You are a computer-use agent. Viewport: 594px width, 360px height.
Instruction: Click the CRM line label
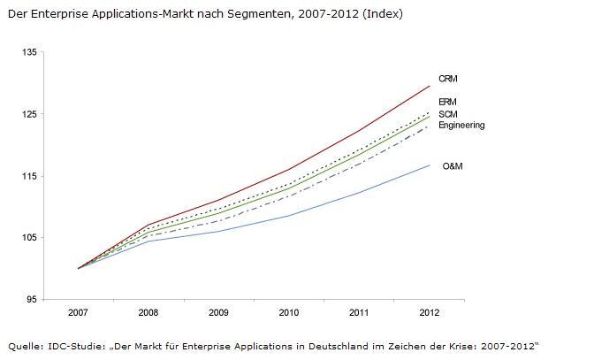[447, 79]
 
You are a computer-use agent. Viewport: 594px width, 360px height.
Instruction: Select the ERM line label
[447, 103]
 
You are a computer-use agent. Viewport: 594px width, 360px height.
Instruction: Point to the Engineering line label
[461, 126]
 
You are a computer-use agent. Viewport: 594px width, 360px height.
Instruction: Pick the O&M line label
[453, 165]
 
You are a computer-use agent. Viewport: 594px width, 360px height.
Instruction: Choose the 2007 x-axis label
[79, 313]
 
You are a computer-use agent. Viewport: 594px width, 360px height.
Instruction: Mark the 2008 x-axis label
[148, 313]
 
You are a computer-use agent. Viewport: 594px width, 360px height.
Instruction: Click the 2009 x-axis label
[218, 313]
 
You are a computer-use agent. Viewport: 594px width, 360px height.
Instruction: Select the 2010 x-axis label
[288, 313]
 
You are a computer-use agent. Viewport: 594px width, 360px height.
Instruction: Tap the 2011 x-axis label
[359, 313]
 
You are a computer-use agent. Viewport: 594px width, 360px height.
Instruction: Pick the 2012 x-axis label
[429, 313]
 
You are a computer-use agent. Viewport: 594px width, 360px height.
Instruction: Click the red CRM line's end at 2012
[429, 86]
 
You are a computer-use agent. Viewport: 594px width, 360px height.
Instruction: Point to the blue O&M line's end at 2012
[429, 165]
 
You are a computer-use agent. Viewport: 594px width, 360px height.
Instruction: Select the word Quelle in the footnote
[23, 344]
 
